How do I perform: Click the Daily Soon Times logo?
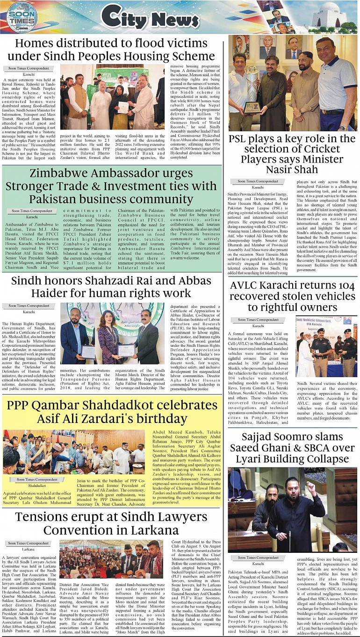click(x=22, y=17)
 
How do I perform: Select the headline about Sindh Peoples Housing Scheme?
click(x=111, y=50)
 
